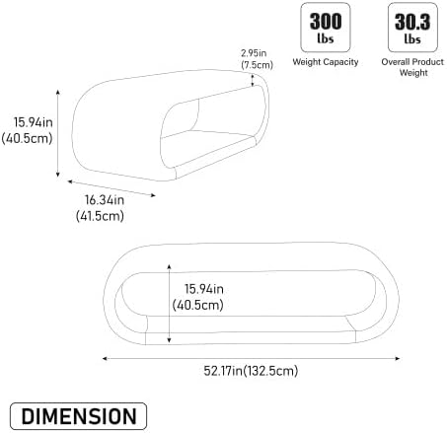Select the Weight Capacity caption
(x=326, y=62)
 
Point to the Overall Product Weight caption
(x=412, y=67)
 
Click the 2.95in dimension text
(x=254, y=53)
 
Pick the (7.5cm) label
(x=257, y=65)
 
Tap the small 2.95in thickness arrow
(x=253, y=81)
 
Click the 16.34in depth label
(x=105, y=200)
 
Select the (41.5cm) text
(x=100, y=216)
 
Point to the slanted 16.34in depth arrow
(x=112, y=188)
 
